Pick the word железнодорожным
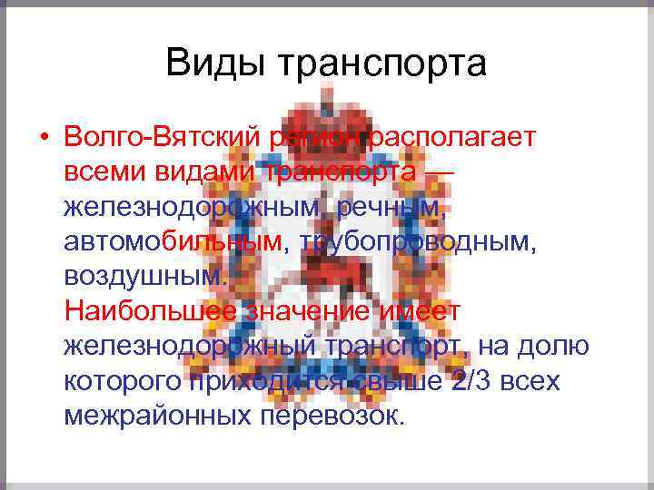pos(193,208)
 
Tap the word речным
pos(392,208)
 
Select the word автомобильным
pos(173,242)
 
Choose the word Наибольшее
pos(147,311)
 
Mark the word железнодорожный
pos(191,346)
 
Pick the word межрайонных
pos(158,416)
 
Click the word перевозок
pos(331,416)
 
